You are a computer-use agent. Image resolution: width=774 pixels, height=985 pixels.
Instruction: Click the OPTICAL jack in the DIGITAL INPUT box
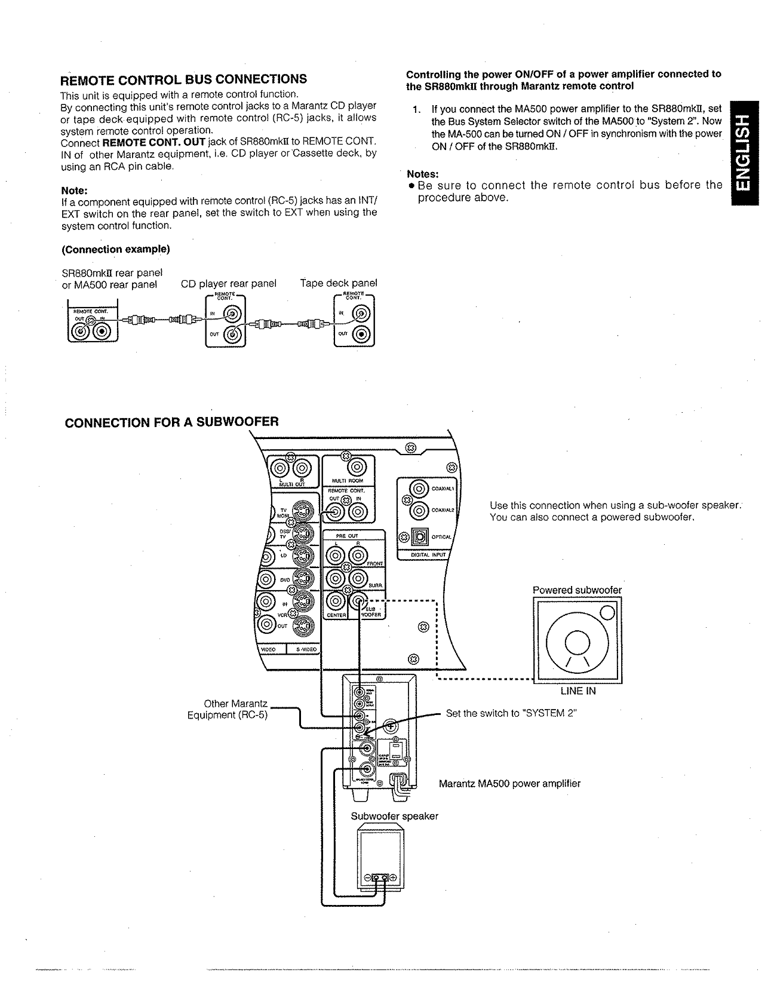(420, 537)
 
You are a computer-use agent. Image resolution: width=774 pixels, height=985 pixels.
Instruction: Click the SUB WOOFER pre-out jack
(358, 600)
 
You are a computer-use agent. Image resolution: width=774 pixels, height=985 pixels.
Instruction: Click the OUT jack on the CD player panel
(232, 335)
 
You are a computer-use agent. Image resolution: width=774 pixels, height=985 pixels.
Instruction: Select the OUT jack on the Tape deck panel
(363, 335)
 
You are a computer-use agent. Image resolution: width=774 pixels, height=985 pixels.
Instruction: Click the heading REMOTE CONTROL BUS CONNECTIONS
(184, 79)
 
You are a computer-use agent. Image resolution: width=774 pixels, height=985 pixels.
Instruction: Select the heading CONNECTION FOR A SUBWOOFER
(171, 422)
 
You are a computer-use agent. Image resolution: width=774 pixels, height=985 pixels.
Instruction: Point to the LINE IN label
(578, 691)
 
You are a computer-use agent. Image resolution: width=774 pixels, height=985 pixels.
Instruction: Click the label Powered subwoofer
(577, 590)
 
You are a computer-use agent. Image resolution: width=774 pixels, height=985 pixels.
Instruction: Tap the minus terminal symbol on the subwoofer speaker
(367, 877)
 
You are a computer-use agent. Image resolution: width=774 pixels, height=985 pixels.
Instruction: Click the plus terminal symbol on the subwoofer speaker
(394, 877)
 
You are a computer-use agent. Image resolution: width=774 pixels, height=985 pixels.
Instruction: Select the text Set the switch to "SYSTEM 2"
(511, 713)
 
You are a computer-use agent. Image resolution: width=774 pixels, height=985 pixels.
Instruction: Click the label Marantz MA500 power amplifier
(509, 783)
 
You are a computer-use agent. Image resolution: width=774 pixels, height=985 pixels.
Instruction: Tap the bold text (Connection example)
(116, 249)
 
